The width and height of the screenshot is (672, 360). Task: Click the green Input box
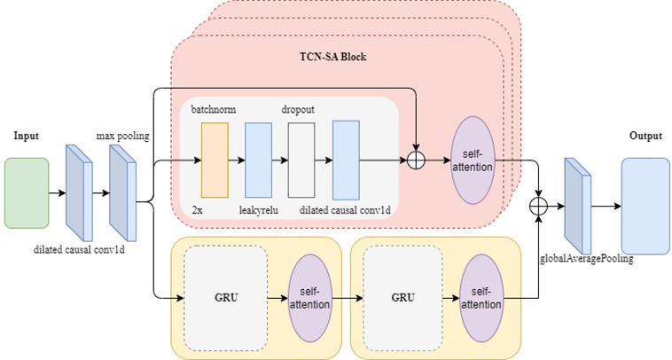27,192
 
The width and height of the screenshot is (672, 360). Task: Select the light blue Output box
645,206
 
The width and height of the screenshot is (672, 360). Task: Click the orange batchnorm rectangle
215,160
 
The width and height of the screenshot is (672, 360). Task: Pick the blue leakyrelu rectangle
257,160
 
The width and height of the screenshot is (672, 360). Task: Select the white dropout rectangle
301,160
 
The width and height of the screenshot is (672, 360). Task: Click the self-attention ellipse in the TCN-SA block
473,160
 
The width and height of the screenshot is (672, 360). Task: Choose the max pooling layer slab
122,192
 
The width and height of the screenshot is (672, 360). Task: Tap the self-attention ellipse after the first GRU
309,298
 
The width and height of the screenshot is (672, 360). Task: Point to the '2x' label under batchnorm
198,209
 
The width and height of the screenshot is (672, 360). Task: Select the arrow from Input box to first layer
57,192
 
